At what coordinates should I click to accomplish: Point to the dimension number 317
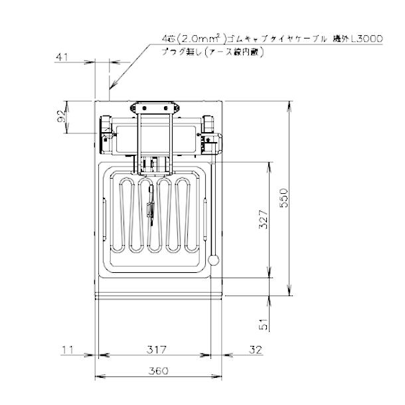[x=155, y=349]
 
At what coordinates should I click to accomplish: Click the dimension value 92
[x=62, y=117]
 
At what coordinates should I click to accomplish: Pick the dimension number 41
[x=63, y=58]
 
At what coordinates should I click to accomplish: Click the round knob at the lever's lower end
[x=214, y=260]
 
